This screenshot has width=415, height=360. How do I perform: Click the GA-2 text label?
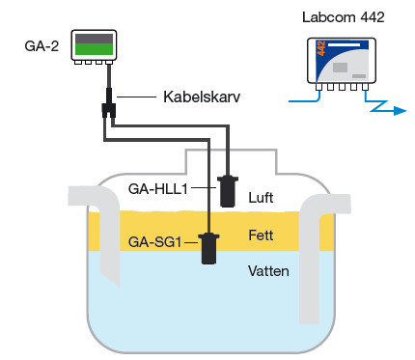(x=41, y=46)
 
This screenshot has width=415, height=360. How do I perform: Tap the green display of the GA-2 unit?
(x=94, y=49)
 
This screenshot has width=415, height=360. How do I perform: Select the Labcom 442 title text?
(x=344, y=17)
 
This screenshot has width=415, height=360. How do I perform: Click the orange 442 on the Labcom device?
(x=321, y=48)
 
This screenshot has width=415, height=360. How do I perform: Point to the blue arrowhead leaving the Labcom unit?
(x=401, y=111)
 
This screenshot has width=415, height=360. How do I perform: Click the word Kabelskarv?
(x=202, y=97)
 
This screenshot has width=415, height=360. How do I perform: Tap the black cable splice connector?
(x=109, y=106)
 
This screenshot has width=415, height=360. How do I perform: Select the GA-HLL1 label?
(x=157, y=189)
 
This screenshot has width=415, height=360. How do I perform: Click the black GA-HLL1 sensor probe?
(x=228, y=191)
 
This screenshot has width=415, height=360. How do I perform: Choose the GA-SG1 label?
(x=154, y=242)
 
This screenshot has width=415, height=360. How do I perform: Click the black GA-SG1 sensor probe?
(x=208, y=249)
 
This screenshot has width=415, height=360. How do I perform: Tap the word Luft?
(x=261, y=198)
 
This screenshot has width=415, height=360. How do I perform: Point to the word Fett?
(x=261, y=235)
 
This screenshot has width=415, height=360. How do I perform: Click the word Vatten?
(x=268, y=271)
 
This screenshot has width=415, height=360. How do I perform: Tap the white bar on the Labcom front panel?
(x=344, y=44)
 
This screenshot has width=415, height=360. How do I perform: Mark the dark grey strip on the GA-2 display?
(x=94, y=39)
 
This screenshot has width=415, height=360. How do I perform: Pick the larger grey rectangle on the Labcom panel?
(x=340, y=68)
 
